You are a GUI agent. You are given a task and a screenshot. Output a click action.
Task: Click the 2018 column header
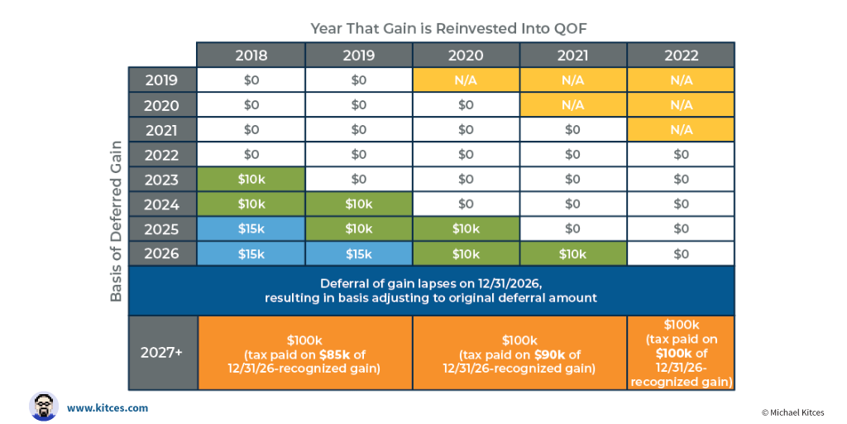pyautogui.click(x=251, y=55)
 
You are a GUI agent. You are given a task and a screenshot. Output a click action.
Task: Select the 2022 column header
pyautogui.click(x=681, y=55)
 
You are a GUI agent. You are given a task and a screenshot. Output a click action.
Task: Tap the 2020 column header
pyautogui.click(x=466, y=55)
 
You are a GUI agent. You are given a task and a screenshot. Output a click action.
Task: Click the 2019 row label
pyautogui.click(x=162, y=80)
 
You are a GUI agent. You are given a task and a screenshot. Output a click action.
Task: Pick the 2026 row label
pyautogui.click(x=162, y=253)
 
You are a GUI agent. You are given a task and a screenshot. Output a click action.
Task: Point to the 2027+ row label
pyautogui.click(x=162, y=352)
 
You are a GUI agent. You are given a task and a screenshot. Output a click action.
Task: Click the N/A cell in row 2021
pyautogui.click(x=681, y=130)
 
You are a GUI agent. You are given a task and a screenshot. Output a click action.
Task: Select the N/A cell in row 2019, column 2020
pyautogui.click(x=466, y=80)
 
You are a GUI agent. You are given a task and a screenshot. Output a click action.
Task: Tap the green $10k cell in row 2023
pyautogui.click(x=251, y=180)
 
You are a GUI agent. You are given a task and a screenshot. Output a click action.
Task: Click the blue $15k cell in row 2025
pyautogui.click(x=251, y=228)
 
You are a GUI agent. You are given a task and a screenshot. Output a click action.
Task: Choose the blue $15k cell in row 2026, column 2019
pyautogui.click(x=358, y=253)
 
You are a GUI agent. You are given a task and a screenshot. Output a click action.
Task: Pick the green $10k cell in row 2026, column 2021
pyautogui.click(x=573, y=253)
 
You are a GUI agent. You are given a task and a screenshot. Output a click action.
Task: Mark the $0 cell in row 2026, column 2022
pyautogui.click(x=681, y=253)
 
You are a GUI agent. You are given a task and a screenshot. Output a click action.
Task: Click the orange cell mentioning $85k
pyautogui.click(x=304, y=353)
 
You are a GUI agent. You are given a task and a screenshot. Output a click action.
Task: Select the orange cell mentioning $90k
pyautogui.click(x=519, y=353)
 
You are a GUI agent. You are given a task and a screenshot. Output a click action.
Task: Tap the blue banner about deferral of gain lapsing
pyautogui.click(x=431, y=290)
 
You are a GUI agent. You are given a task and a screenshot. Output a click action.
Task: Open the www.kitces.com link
pyautogui.click(x=108, y=407)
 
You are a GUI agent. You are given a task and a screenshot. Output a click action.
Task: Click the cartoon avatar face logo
pyautogui.click(x=43, y=406)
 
